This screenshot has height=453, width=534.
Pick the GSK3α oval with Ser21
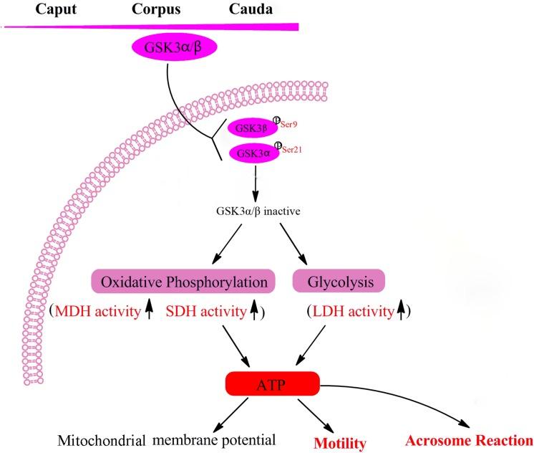click(x=252, y=153)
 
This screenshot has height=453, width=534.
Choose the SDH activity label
click(x=205, y=313)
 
